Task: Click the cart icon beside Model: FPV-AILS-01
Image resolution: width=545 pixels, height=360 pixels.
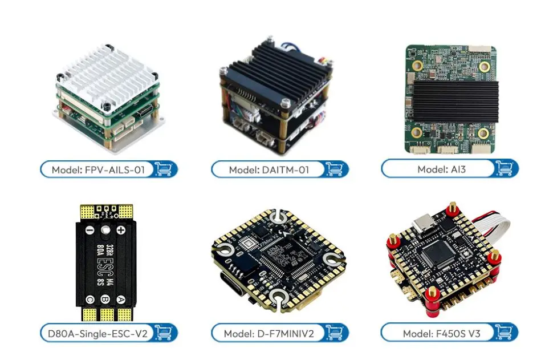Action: (x=163, y=169)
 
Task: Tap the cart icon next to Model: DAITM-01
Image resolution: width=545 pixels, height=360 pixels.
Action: (x=333, y=169)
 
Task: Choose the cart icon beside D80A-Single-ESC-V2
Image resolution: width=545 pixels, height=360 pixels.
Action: (x=163, y=333)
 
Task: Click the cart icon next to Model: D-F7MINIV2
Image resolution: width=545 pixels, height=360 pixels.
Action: (x=333, y=333)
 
